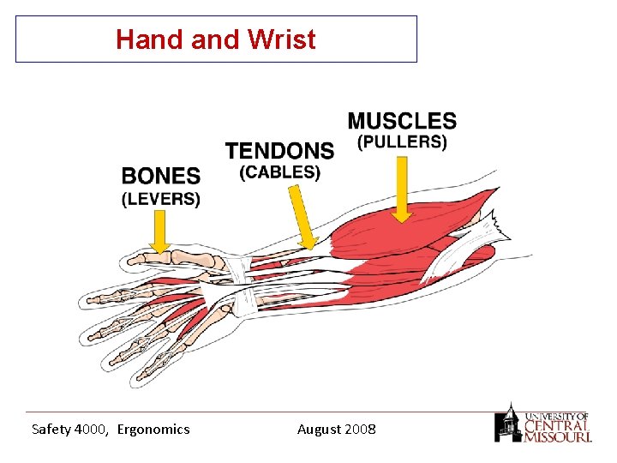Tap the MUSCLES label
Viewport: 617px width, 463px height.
(402, 121)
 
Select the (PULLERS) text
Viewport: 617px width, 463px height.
(402, 142)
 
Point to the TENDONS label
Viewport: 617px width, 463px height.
(279, 151)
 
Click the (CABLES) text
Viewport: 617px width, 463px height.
(279, 172)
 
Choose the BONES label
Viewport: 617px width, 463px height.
(161, 177)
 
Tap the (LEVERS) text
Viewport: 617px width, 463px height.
(161, 199)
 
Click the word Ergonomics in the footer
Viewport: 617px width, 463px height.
(153, 429)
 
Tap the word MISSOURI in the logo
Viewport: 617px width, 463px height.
(557, 436)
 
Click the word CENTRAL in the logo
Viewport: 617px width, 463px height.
(557, 424)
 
